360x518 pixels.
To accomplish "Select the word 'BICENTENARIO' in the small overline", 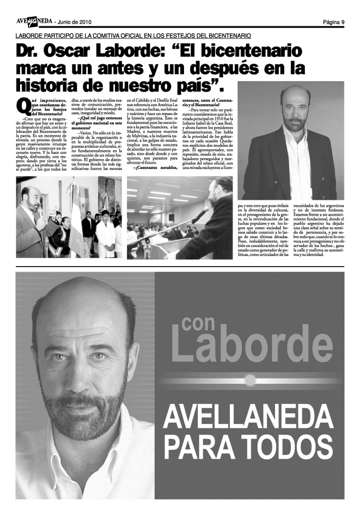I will pos(224,36).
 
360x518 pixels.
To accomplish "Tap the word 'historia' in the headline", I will pos(45,85).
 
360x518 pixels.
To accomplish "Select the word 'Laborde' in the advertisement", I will pos(253,351).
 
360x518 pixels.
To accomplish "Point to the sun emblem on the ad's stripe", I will pos(248,381).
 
